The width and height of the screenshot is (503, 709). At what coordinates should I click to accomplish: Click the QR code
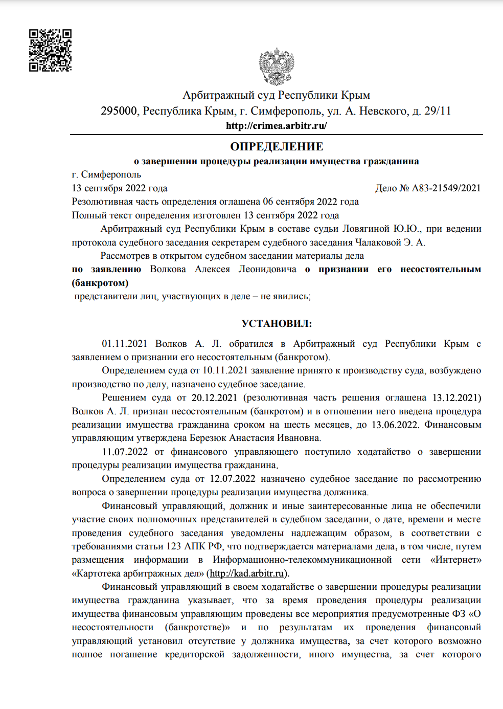50,50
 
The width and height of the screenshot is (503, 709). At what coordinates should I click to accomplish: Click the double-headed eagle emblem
276,67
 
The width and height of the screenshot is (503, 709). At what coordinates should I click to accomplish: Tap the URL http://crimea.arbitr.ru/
276,125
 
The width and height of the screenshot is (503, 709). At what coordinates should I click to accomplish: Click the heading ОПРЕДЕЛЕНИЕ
277,147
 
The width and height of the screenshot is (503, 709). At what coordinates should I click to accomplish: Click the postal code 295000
119,111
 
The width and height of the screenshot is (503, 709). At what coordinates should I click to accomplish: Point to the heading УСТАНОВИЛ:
277,324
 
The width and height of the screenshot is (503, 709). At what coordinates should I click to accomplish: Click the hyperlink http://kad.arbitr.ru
247,573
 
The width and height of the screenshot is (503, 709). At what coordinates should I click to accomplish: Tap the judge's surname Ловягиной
365,229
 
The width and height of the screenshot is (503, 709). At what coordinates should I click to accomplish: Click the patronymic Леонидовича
267,269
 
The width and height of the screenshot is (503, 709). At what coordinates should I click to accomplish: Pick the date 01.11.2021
124,344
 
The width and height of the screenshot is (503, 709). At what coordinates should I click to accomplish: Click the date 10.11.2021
225,370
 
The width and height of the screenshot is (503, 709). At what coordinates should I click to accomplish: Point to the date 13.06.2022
395,425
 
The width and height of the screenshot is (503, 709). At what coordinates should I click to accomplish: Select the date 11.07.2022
125,452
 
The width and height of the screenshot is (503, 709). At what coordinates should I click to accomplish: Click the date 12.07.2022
233,479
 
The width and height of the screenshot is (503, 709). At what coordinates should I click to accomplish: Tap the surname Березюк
208,438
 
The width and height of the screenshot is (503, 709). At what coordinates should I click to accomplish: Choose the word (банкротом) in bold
100,283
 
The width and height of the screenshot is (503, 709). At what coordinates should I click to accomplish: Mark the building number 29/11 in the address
438,111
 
